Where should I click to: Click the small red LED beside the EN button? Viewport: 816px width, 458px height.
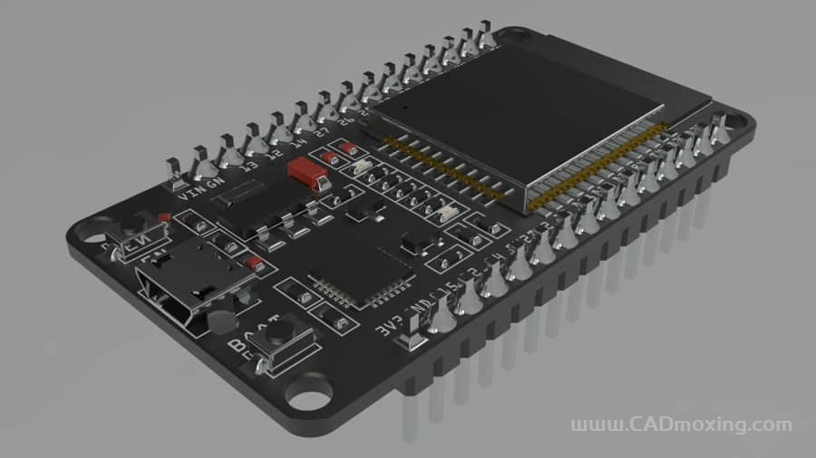[164, 218]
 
